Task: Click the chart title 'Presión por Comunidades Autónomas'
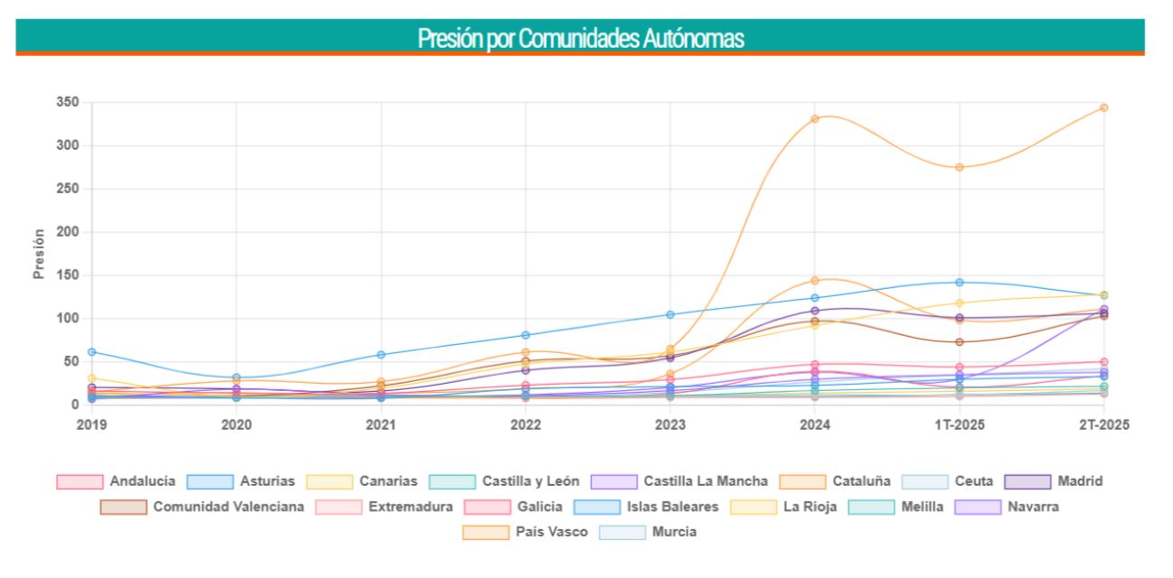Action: point(580,39)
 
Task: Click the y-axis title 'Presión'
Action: point(39,253)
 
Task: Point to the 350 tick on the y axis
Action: point(68,103)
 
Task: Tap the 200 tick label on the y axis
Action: point(68,232)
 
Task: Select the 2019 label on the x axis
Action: point(91,424)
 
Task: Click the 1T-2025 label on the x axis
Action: point(959,424)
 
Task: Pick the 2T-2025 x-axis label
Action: point(1103,424)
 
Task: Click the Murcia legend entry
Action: point(647,532)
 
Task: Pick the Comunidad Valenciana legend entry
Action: point(202,507)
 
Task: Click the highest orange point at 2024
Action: point(814,118)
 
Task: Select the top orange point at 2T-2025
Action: point(1103,107)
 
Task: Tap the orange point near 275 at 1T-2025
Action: point(959,167)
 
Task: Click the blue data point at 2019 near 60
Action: point(91,351)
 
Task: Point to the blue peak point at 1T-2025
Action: point(959,283)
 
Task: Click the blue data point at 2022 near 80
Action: point(525,335)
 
